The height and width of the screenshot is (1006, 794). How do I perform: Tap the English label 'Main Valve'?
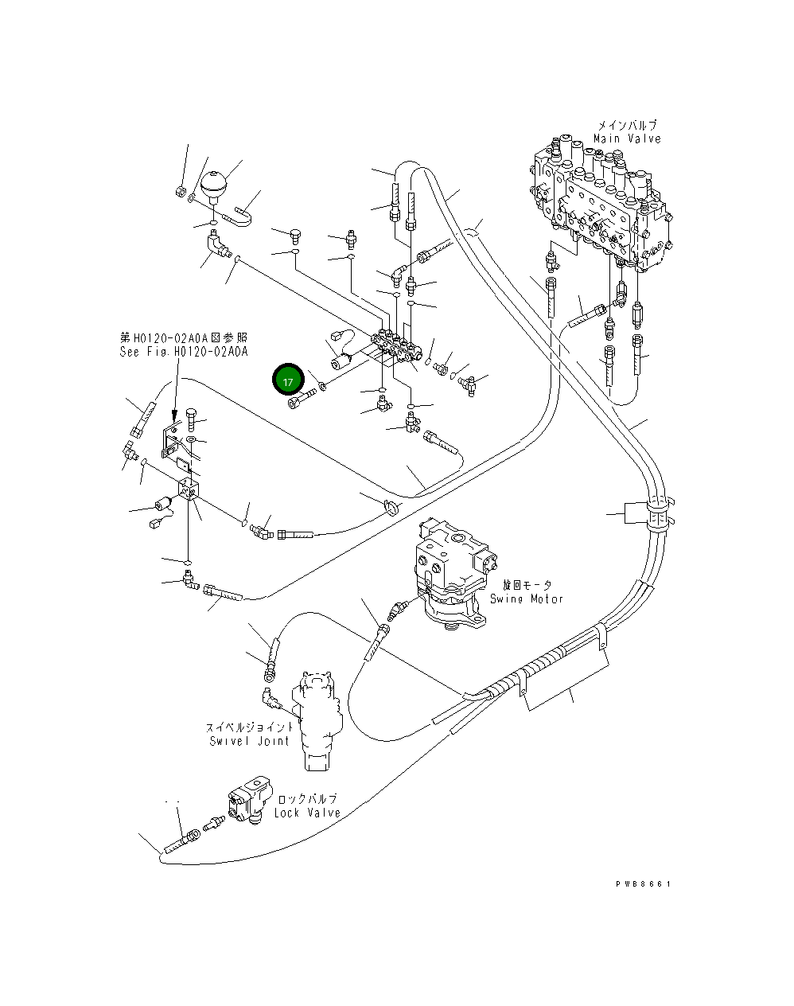(627, 138)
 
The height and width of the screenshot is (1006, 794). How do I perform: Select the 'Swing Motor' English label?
(526, 599)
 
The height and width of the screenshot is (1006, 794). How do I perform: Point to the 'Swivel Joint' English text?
(249, 741)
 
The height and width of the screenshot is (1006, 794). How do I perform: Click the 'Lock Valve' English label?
(307, 813)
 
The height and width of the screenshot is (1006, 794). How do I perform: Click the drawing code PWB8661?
(643, 884)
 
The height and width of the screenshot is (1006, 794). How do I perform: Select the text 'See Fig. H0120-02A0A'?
(184, 351)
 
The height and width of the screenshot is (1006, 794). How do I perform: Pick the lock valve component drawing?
(250, 800)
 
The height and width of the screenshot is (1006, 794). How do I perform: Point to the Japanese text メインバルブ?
(627, 126)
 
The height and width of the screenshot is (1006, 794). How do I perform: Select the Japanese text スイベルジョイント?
(250, 727)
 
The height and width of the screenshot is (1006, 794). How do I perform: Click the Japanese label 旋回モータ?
(527, 585)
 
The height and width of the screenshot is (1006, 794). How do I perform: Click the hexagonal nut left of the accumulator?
(181, 191)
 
